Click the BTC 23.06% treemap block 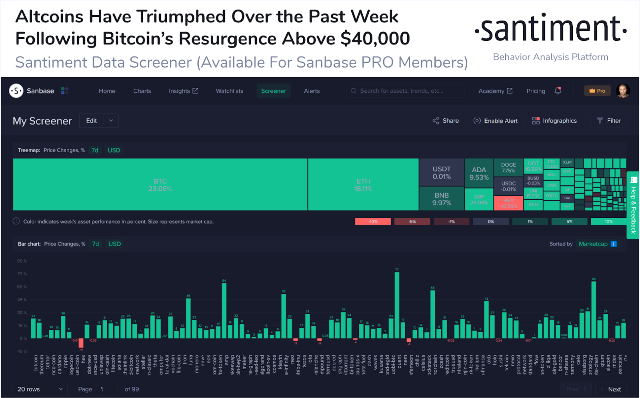160,185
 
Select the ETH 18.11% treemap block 363,185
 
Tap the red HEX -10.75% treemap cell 508,203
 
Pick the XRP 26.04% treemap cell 479,199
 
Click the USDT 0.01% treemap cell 442,173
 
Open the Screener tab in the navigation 274,91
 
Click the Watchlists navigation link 229,91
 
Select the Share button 446,121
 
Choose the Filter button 609,121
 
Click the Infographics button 554,121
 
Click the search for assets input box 405,91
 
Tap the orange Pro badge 597,91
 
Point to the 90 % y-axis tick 22,261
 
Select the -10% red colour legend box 373,221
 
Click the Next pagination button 611,389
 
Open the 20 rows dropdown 40,389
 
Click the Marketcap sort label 593,244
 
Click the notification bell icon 558,91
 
